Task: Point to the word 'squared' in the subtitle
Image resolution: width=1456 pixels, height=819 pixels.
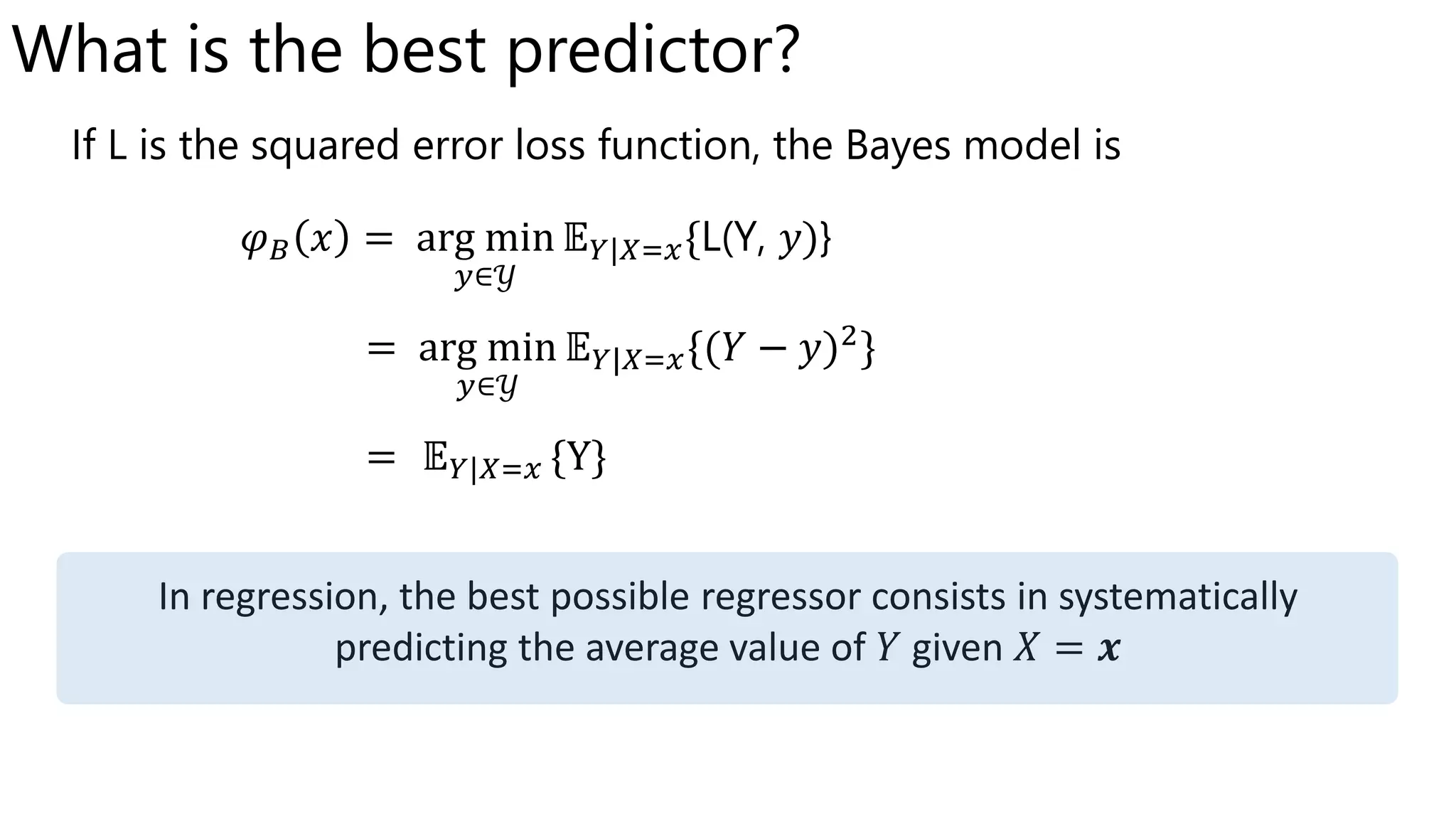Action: click(x=325, y=146)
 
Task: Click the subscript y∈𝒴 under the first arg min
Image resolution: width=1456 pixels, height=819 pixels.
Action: click(x=485, y=277)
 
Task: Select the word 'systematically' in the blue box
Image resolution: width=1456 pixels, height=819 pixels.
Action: click(x=1177, y=597)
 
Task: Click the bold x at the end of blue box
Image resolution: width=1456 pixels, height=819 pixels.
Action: click(x=1108, y=649)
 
